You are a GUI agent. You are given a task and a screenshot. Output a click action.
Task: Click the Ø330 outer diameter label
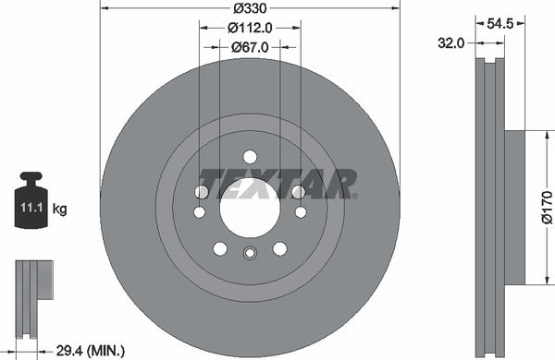click(x=250, y=8)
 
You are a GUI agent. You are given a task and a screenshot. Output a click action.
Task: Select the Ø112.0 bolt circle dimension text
click(x=250, y=27)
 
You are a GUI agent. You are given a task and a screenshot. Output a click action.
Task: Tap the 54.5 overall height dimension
click(x=500, y=28)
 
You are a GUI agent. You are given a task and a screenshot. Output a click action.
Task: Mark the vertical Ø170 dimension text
click(x=546, y=207)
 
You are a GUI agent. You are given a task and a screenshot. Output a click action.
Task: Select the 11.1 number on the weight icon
click(x=31, y=210)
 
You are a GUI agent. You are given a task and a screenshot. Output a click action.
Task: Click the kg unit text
click(x=59, y=210)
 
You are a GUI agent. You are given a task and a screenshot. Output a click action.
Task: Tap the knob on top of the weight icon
click(x=31, y=175)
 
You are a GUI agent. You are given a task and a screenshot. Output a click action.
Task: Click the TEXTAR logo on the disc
click(x=277, y=184)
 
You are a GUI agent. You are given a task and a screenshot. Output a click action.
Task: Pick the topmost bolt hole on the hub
click(x=249, y=155)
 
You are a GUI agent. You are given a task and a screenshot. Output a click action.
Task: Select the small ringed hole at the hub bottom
click(x=249, y=254)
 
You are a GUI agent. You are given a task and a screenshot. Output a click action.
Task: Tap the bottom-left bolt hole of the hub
click(x=219, y=247)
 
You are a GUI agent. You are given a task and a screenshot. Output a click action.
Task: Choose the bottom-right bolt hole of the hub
click(x=278, y=247)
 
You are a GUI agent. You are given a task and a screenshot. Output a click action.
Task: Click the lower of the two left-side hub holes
click(x=199, y=212)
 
